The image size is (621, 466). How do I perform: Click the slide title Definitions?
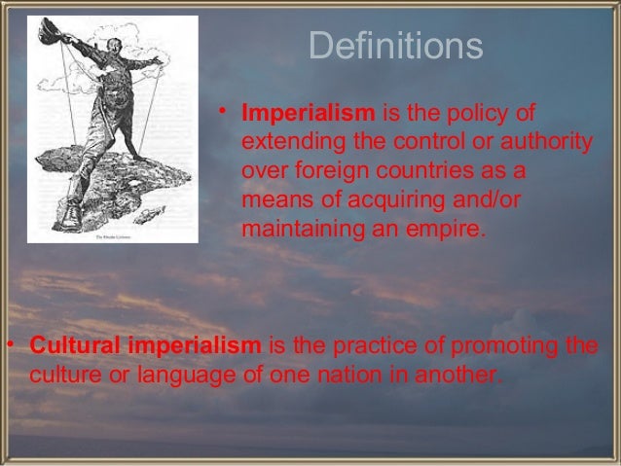pos(395,46)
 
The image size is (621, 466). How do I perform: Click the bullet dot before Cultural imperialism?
pos(8,345)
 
